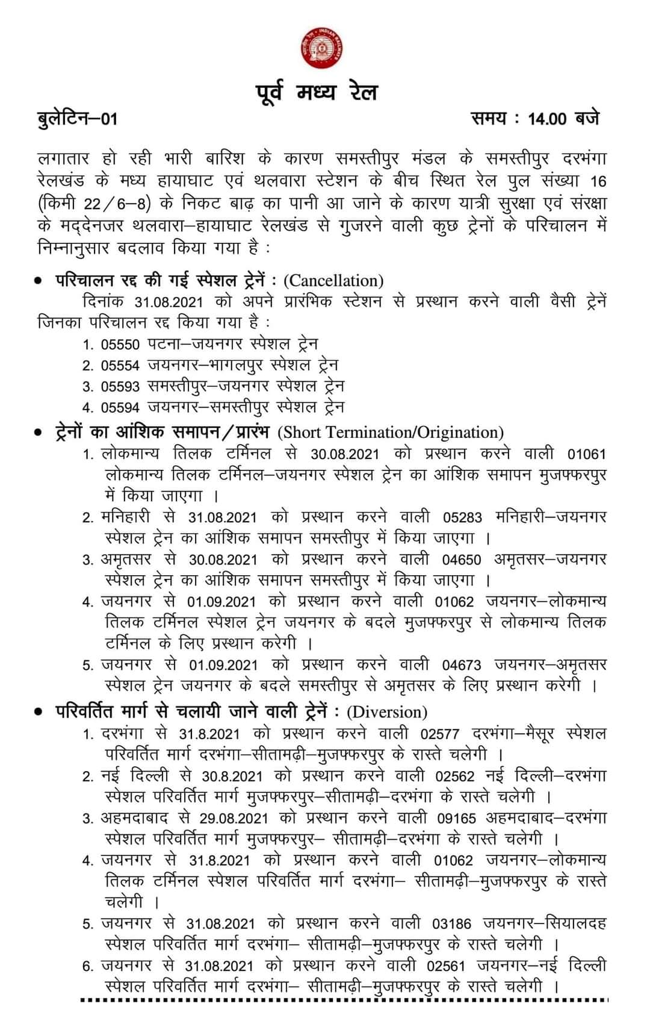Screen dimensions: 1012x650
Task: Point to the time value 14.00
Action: (547, 119)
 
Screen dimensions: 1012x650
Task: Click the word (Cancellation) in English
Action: (333, 281)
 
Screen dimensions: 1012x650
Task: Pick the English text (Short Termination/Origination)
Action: (391, 433)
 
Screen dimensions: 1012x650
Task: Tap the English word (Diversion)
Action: (387, 713)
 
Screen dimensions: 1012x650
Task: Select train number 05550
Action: (120, 345)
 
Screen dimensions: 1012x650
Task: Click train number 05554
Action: (120, 366)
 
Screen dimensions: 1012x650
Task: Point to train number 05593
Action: (120, 387)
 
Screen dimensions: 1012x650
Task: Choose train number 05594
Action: (120, 408)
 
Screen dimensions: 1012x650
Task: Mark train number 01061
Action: (586, 454)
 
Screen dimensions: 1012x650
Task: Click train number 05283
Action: (463, 517)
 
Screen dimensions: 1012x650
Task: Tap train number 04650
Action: (462, 560)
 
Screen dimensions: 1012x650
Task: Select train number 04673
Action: (462, 666)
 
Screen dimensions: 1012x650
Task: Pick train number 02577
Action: (440, 734)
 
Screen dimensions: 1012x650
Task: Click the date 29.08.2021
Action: (235, 819)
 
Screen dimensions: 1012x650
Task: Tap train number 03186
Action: (451, 923)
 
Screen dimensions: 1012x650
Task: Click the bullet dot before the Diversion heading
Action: (39, 713)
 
